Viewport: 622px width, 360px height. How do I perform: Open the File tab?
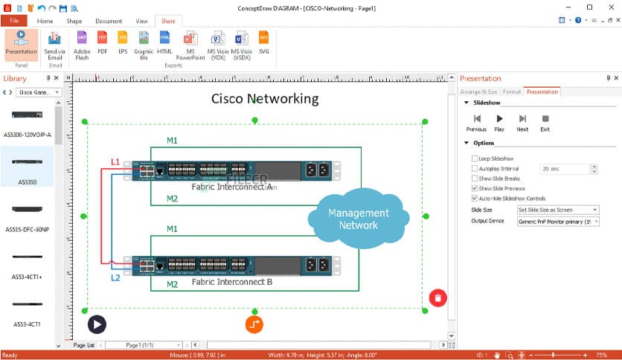[x=14, y=21]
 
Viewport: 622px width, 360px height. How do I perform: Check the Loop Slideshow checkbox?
[x=475, y=158]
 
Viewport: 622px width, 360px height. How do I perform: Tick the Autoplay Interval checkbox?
[x=475, y=169]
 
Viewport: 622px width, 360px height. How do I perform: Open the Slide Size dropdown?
[x=557, y=210]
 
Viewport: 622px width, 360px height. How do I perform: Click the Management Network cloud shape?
[x=359, y=219]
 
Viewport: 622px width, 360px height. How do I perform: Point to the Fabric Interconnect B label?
[x=231, y=282]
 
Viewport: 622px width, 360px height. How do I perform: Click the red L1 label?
[x=115, y=161]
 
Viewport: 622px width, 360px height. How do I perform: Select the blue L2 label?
[x=115, y=277]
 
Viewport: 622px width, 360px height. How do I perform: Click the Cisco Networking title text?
[x=264, y=98]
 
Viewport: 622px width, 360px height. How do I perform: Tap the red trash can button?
[x=437, y=298]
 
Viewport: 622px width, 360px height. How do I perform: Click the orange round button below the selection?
[x=254, y=324]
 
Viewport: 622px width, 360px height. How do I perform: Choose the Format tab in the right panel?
[x=511, y=91]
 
